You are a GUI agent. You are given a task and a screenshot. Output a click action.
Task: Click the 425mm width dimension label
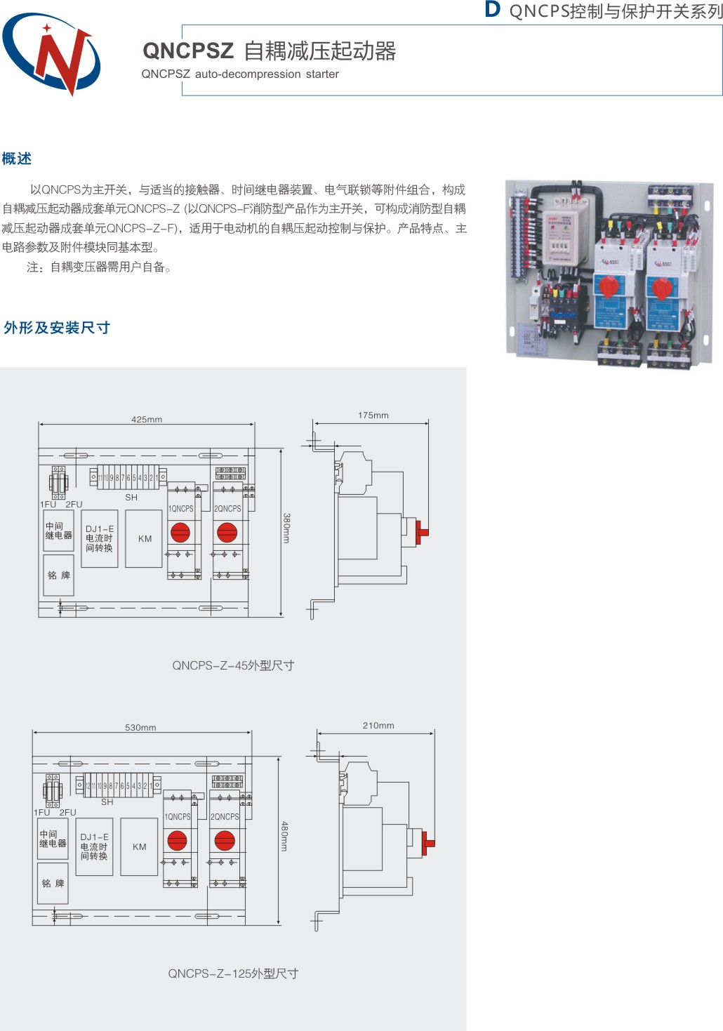pyautogui.click(x=147, y=420)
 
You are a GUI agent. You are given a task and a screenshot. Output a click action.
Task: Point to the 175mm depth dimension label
pyautogui.click(x=373, y=415)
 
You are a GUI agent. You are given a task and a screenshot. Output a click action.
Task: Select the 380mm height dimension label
pyautogui.click(x=286, y=528)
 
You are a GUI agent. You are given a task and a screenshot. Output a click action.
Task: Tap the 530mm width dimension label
pyautogui.click(x=140, y=728)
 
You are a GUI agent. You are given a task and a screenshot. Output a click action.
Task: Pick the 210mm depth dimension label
pyautogui.click(x=378, y=726)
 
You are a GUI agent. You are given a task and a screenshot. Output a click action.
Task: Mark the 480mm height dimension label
pyautogui.click(x=284, y=837)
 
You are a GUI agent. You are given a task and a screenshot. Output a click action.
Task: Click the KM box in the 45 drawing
pyautogui.click(x=144, y=539)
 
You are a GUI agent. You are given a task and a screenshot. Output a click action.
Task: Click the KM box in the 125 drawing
pyautogui.click(x=139, y=847)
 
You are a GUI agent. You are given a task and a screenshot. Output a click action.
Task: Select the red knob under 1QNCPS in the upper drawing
pyautogui.click(x=180, y=533)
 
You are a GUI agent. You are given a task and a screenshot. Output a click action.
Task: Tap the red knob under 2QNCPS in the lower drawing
pyautogui.click(x=225, y=840)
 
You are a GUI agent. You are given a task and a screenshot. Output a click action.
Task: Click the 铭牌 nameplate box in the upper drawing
pyautogui.click(x=58, y=576)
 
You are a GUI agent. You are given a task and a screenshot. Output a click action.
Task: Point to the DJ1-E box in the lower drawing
pyautogui.click(x=94, y=846)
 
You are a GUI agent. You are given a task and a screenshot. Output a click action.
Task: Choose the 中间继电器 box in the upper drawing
pyautogui.click(x=58, y=531)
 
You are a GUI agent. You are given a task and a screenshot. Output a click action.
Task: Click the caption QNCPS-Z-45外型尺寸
pyautogui.click(x=233, y=665)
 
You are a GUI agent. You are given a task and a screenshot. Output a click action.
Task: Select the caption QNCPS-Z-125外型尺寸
pyautogui.click(x=233, y=973)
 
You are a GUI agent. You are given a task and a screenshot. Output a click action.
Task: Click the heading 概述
pyautogui.click(x=17, y=159)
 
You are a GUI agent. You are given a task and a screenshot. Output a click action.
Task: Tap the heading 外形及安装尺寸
pyautogui.click(x=57, y=328)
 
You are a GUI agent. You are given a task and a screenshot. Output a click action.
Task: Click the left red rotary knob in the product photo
pyautogui.click(x=608, y=286)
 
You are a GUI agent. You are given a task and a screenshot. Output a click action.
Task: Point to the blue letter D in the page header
pyautogui.click(x=493, y=10)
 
